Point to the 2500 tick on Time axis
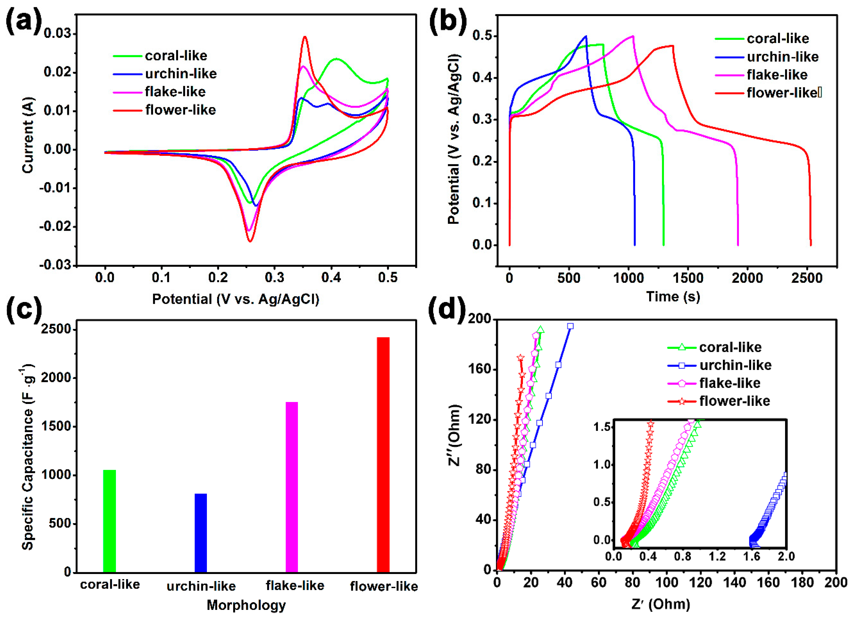click(x=807, y=278)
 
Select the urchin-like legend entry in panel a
click(x=181, y=74)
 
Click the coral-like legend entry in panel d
click(x=730, y=347)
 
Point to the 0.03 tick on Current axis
click(x=57, y=34)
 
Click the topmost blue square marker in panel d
click(x=570, y=326)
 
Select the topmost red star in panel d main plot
click(x=521, y=357)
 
